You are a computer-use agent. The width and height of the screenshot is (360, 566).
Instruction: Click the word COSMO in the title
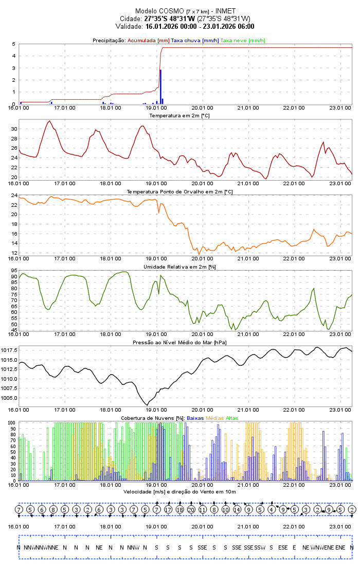point(172,11)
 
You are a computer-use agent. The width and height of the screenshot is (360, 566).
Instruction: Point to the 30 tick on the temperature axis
point(13,129)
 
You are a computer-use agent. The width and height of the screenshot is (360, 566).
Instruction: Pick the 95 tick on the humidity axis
point(13,271)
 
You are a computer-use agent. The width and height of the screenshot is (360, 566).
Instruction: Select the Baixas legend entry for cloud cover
point(195,418)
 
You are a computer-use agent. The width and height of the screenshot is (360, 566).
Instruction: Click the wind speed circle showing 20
point(191,509)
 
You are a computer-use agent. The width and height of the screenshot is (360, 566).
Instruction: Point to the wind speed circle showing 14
point(237,509)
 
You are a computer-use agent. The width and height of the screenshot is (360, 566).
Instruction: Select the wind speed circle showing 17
point(168,509)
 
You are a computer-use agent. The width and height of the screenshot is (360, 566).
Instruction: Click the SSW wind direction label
point(260,547)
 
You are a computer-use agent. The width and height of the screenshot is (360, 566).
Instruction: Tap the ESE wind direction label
point(283,547)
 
